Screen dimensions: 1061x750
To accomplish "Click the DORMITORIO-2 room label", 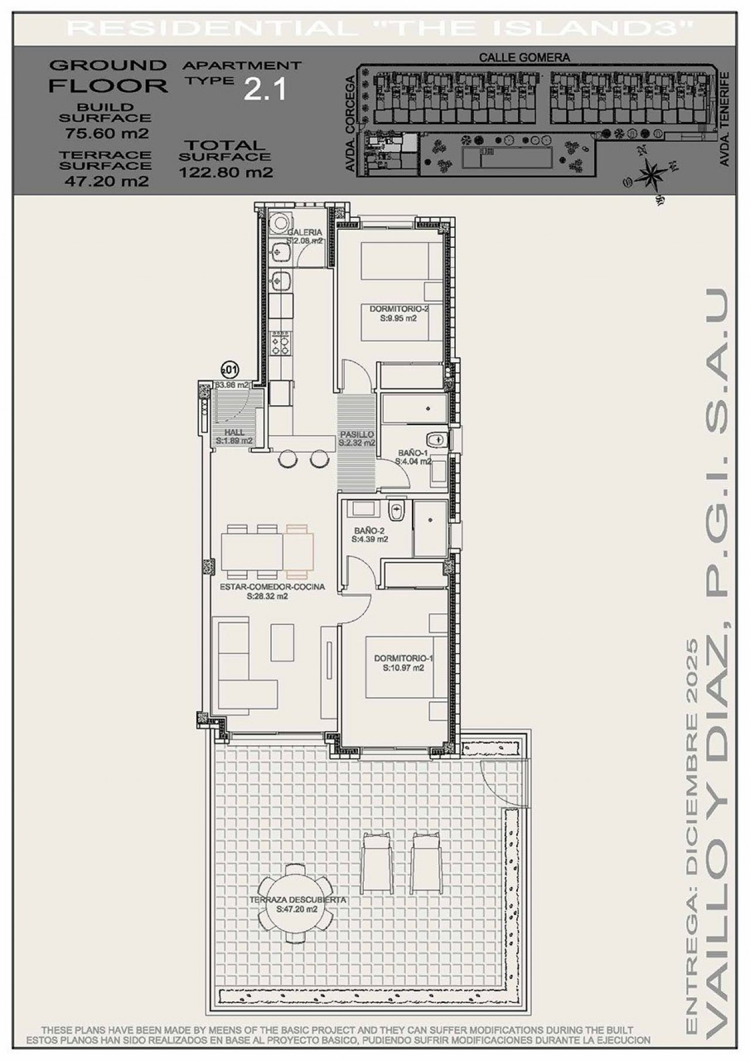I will click(x=397, y=309).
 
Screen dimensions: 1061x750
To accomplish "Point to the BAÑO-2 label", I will click(x=369, y=531).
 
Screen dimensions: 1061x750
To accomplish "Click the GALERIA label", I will click(x=305, y=233).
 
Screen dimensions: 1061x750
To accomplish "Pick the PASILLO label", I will click(x=357, y=435).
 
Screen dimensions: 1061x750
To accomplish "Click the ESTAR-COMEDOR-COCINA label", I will click(x=272, y=586).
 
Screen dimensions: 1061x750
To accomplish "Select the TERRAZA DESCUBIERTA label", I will click(x=297, y=900).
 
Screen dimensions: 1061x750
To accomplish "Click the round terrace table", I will click(x=296, y=906).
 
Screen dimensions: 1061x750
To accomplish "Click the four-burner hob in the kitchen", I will click(x=281, y=342).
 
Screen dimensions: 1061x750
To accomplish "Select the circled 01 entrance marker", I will click(x=230, y=370).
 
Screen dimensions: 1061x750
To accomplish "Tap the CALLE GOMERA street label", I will click(x=524, y=57).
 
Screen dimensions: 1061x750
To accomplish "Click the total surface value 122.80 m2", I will click(x=226, y=172).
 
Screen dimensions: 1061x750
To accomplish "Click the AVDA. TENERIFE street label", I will click(x=724, y=120).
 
